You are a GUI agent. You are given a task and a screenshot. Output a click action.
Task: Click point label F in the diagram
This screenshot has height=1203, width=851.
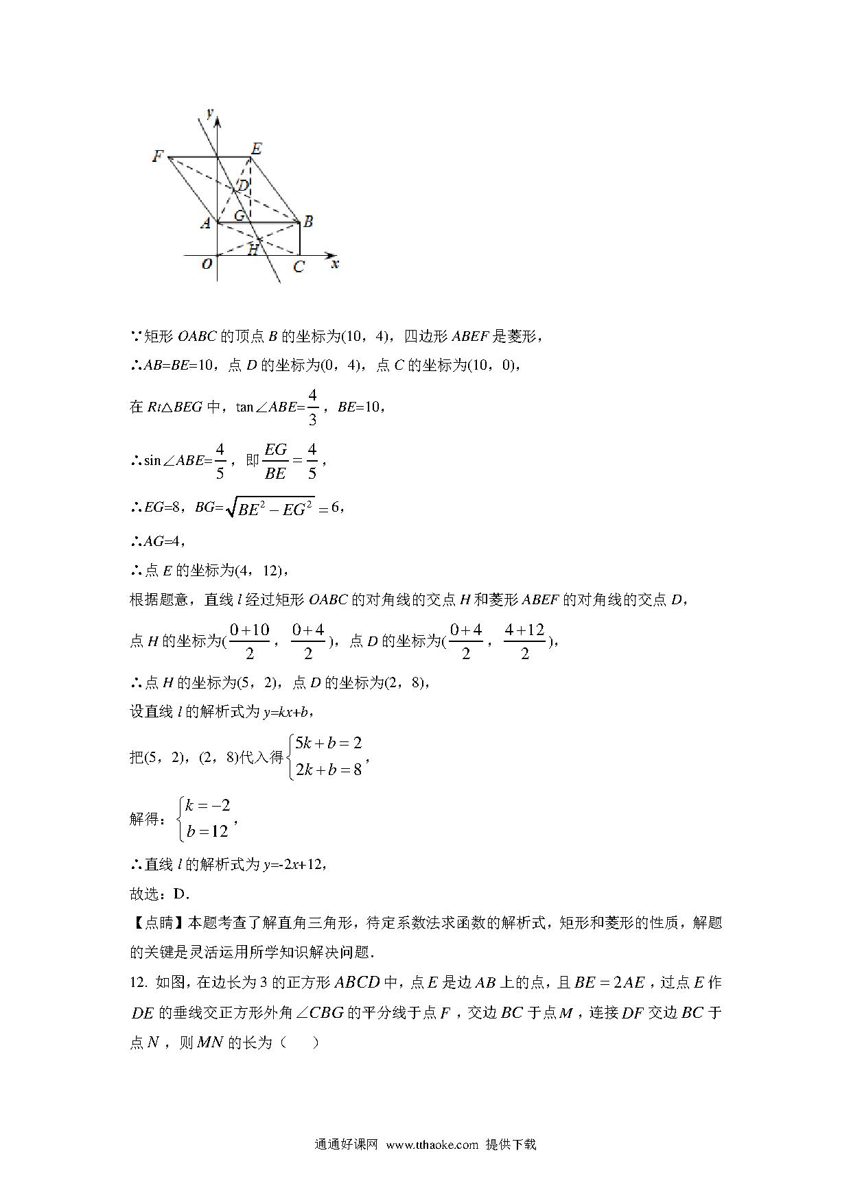158,156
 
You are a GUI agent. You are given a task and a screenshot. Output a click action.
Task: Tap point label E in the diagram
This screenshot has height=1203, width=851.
256,148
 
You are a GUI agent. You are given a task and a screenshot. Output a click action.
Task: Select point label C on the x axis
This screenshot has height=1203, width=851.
299,267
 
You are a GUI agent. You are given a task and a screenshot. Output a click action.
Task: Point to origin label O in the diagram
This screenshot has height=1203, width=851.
207,264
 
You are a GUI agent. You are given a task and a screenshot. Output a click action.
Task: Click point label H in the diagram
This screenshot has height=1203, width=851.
253,250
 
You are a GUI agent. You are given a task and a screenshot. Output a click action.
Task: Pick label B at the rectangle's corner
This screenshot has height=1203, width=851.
308,222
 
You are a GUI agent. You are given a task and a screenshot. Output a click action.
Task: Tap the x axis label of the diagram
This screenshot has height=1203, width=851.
335,264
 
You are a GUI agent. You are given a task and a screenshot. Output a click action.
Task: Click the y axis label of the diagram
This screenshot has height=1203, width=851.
209,111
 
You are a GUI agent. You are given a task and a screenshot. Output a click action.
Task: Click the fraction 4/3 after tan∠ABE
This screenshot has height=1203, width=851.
313,407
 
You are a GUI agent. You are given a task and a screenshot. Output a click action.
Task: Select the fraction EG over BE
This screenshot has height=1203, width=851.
275,461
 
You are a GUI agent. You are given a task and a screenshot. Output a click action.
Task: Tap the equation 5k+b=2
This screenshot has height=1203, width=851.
328,743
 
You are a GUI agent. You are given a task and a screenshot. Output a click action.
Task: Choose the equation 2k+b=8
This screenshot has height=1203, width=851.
328,770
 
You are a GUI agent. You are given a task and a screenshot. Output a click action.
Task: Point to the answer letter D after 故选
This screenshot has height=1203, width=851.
180,894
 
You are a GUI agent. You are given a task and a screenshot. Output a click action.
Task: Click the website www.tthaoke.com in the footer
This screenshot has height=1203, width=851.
432,1144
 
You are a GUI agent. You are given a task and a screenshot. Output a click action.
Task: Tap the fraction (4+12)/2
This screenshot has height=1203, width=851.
525,641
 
